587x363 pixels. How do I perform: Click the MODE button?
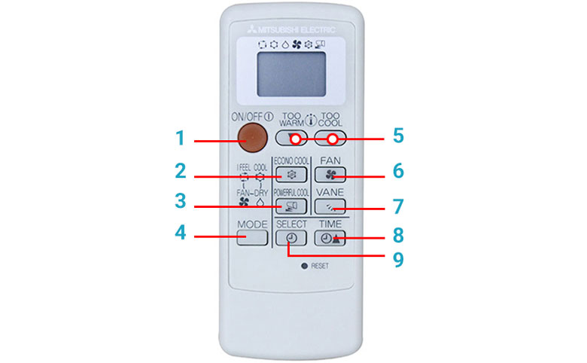tap(253, 238)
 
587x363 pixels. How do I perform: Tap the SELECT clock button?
tap(291, 238)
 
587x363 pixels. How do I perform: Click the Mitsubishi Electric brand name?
tap(298, 30)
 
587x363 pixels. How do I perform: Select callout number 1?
tap(180, 139)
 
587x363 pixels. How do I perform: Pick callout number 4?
tap(180, 233)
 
